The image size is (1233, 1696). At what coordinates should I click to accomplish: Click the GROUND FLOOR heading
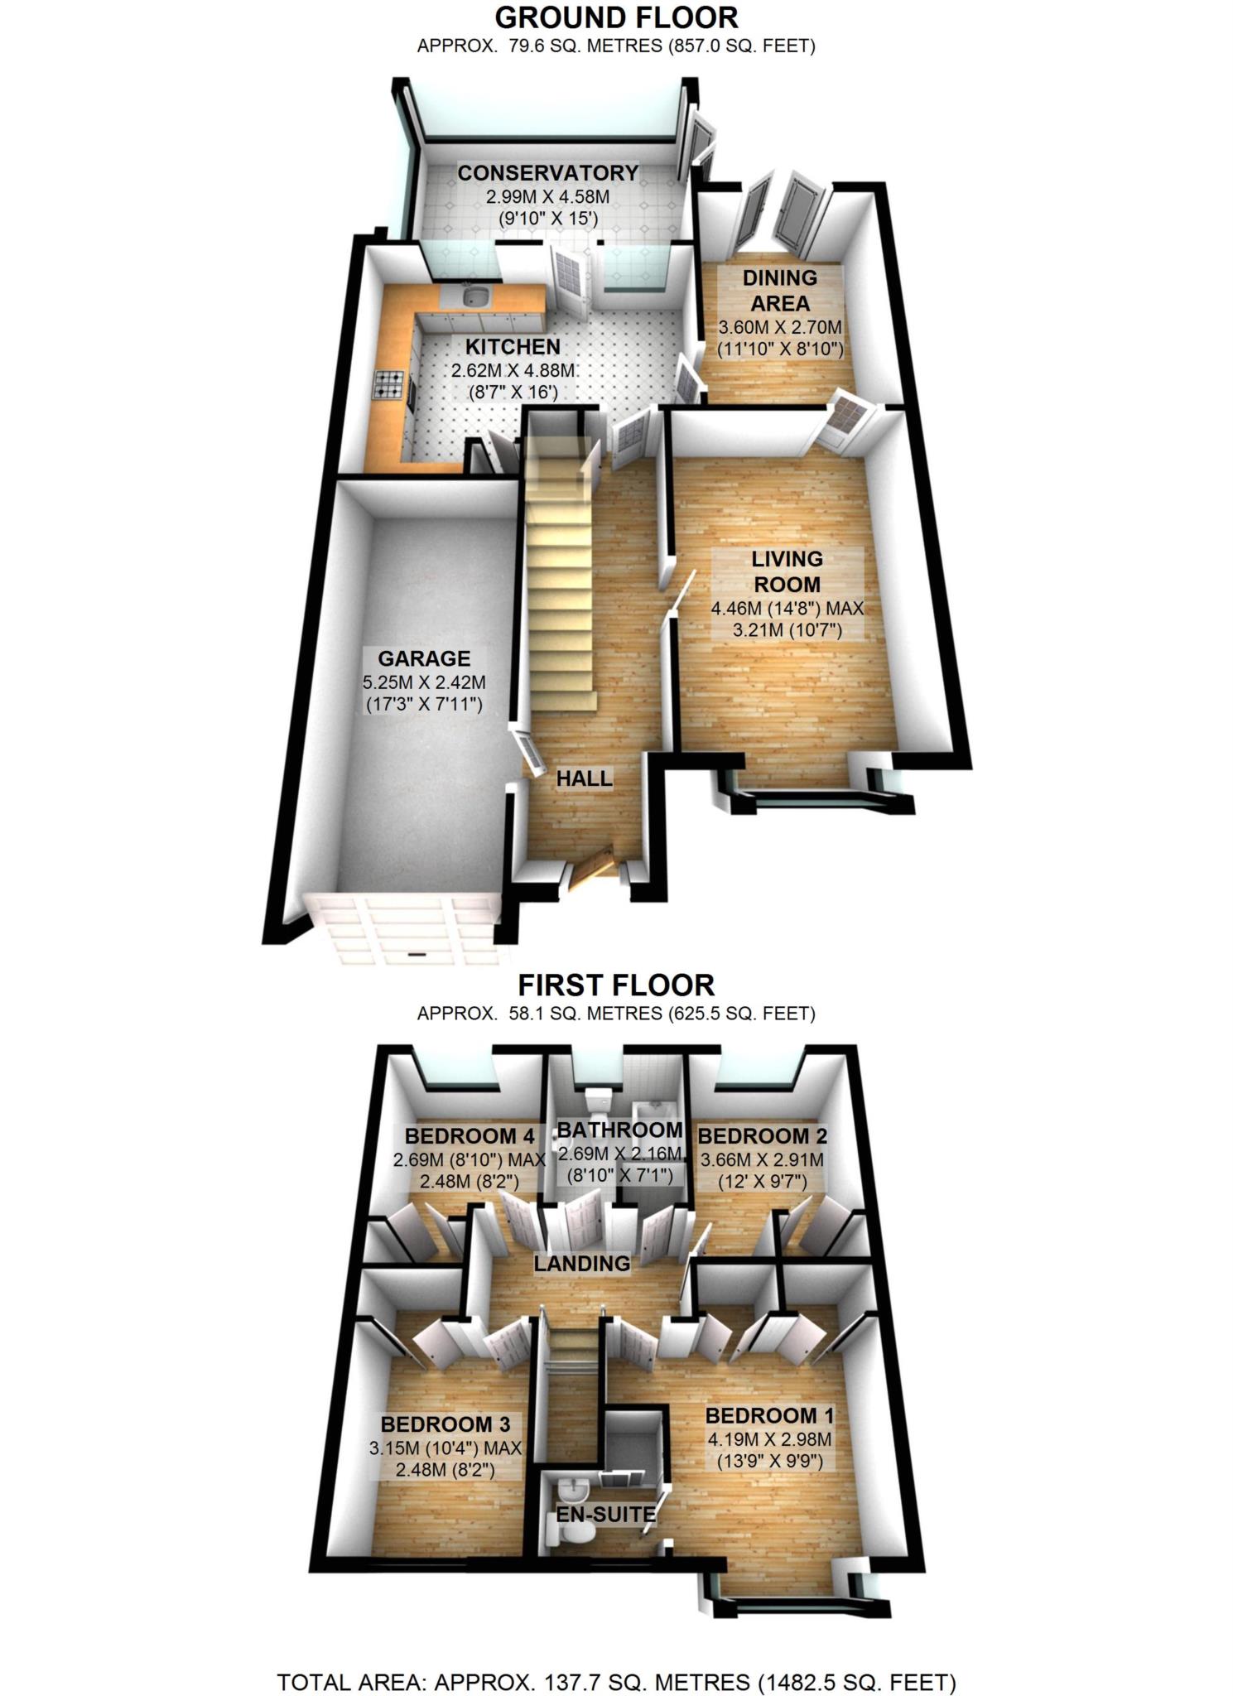point(616,17)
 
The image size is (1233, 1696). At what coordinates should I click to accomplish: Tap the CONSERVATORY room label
point(547,173)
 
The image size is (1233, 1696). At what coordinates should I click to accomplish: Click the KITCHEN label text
point(512,347)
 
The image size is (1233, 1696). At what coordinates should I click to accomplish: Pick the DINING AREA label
point(779,290)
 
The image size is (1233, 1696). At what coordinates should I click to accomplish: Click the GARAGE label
point(424,659)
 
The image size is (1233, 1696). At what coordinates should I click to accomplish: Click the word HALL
point(584,778)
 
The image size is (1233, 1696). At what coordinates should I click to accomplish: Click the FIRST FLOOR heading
point(616,985)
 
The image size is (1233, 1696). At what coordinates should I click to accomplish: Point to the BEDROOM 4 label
point(470,1135)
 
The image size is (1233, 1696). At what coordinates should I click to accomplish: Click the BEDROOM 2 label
point(762,1135)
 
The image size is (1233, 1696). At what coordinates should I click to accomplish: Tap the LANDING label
point(581,1264)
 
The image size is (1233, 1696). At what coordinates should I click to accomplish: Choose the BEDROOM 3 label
point(445,1424)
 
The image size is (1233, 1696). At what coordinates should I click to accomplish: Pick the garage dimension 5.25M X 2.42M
point(424,683)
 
